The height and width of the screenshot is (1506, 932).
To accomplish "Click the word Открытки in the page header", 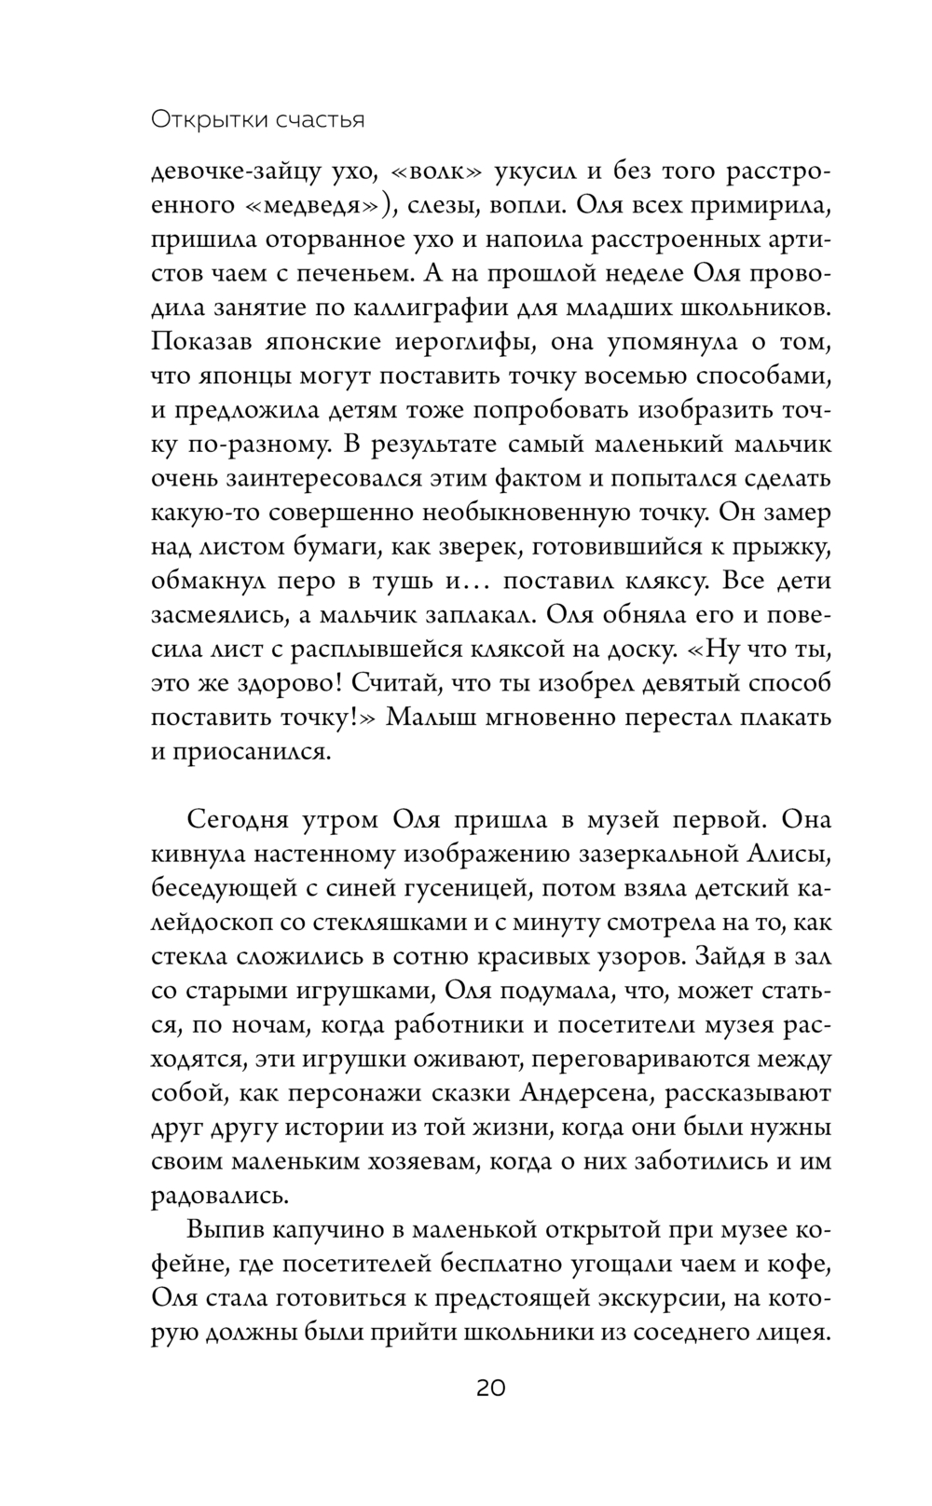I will click(x=199, y=119).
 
